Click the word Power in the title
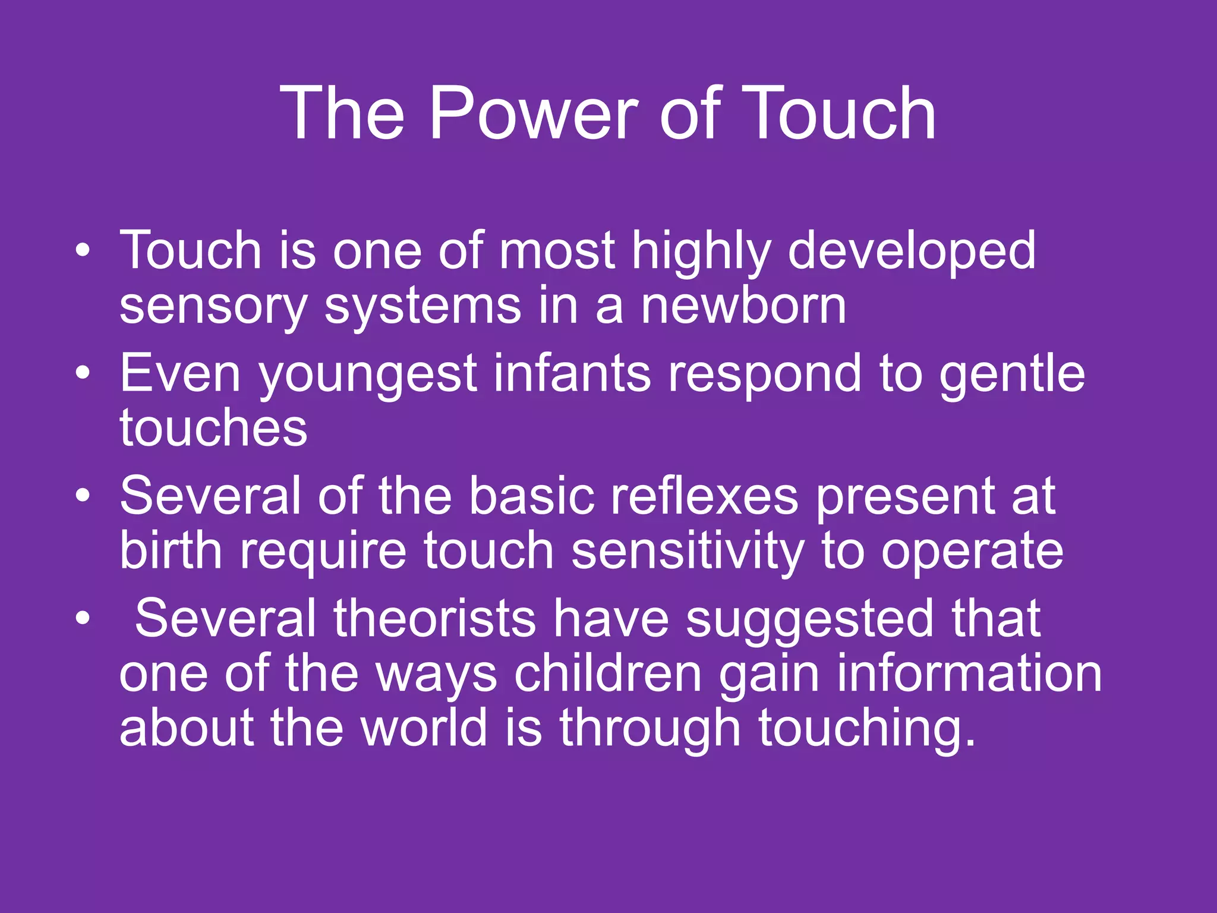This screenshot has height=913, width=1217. [x=533, y=113]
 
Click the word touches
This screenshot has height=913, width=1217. [x=213, y=427]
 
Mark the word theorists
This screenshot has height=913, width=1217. [x=434, y=618]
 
